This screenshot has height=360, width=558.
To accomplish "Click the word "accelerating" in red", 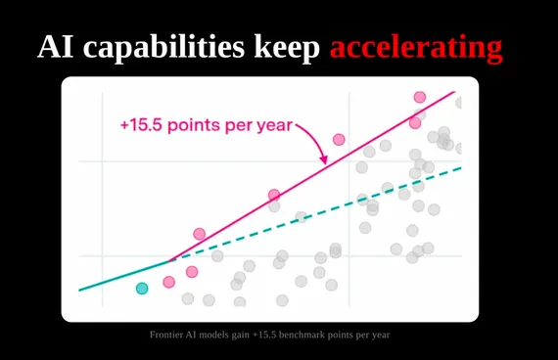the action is [416, 48].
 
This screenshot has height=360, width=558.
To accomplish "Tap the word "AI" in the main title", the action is [55, 47].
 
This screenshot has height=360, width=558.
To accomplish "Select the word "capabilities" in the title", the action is [163, 48].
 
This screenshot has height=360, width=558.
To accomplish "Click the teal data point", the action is [142, 289].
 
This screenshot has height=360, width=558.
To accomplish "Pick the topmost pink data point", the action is [420, 97].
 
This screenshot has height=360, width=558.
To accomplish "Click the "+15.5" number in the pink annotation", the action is [141, 125].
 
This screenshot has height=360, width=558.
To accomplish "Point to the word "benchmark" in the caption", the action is [302, 335].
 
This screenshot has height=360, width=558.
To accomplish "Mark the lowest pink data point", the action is [169, 282].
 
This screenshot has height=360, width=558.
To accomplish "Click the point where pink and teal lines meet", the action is [169, 261].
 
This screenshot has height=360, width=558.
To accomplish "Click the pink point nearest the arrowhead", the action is [339, 140].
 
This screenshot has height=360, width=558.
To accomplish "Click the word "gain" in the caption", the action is [240, 336].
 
